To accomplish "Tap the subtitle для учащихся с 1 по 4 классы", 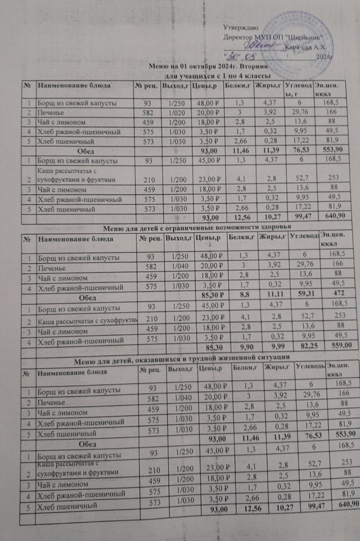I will click(217, 76).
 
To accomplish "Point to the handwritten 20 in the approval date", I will click(232, 55).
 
